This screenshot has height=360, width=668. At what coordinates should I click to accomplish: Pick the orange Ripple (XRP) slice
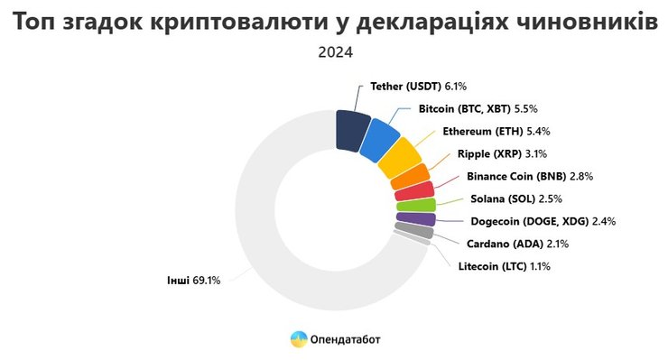410,176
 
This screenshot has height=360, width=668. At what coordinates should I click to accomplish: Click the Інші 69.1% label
192,281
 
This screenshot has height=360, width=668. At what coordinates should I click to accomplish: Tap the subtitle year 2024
335,52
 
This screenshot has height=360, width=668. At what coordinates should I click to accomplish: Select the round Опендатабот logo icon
299,339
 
